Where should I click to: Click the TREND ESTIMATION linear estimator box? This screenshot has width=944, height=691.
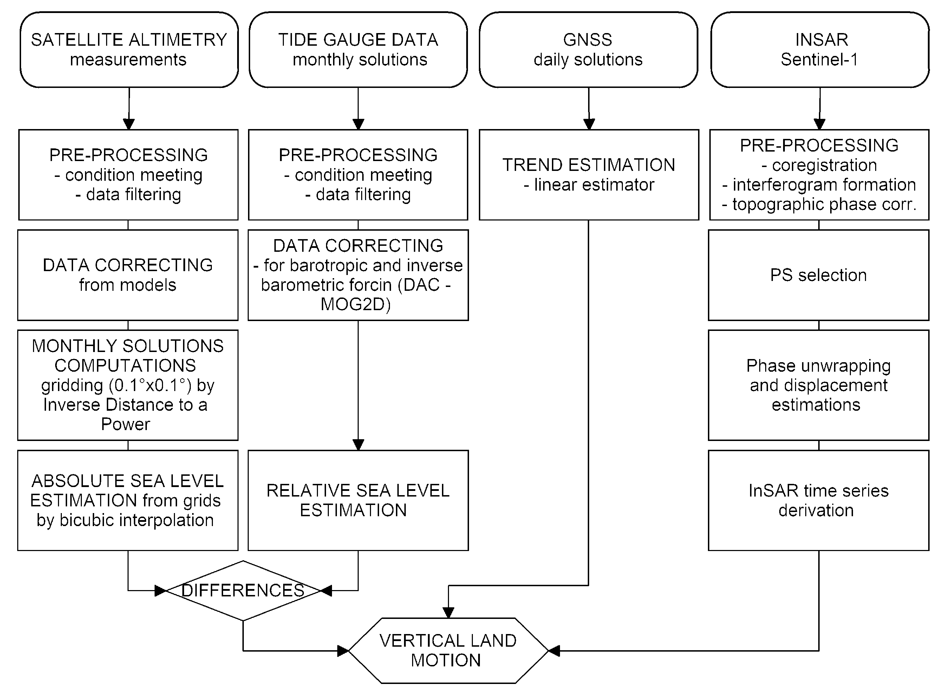pos(588,175)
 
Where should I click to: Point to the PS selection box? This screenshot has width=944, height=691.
pos(818,275)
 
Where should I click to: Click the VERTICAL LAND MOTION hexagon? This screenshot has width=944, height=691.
pos(448,651)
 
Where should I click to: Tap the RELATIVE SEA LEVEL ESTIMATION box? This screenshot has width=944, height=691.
pos(358,500)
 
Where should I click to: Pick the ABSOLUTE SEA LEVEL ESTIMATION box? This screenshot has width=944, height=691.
pos(128,500)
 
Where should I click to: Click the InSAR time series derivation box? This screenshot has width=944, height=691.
pos(818,500)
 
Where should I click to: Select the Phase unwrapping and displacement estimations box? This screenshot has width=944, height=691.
pos(818,385)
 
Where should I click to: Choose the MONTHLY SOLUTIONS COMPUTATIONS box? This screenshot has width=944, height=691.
pos(128,385)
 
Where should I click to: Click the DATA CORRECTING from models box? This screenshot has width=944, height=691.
pos(128,275)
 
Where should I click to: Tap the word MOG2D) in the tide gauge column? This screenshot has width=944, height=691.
pos(356,305)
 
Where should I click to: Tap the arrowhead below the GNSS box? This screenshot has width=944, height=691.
pos(589,124)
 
